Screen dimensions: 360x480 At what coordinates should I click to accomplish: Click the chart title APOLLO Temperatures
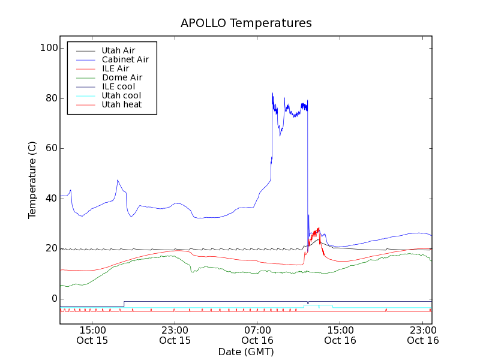click(246, 23)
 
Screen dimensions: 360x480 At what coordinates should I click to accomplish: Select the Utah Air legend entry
click(118, 50)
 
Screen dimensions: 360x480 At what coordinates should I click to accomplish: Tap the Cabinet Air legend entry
click(125, 59)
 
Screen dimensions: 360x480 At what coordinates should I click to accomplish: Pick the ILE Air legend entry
click(115, 68)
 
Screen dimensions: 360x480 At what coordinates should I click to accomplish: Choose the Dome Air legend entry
click(122, 77)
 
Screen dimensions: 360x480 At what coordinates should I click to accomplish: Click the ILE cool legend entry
click(118, 86)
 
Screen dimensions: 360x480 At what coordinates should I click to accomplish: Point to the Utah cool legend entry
click(121, 95)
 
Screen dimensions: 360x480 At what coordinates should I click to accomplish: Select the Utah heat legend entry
click(121, 104)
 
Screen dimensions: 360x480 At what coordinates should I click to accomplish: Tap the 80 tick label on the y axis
click(51, 98)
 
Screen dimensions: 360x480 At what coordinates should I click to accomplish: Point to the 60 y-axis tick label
click(51, 148)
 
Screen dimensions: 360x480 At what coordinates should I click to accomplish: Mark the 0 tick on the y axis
click(53, 299)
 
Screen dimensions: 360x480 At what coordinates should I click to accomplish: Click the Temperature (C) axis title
click(32, 180)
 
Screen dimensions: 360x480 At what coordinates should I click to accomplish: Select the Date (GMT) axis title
click(246, 352)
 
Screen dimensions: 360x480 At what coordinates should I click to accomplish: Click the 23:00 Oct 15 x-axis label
click(175, 335)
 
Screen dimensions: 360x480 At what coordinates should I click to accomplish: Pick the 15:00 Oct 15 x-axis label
click(92, 335)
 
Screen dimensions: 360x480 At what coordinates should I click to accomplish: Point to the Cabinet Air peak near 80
click(272, 94)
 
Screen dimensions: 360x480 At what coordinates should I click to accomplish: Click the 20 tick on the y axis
click(51, 248)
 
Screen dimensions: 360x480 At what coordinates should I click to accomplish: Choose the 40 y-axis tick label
click(51, 199)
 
